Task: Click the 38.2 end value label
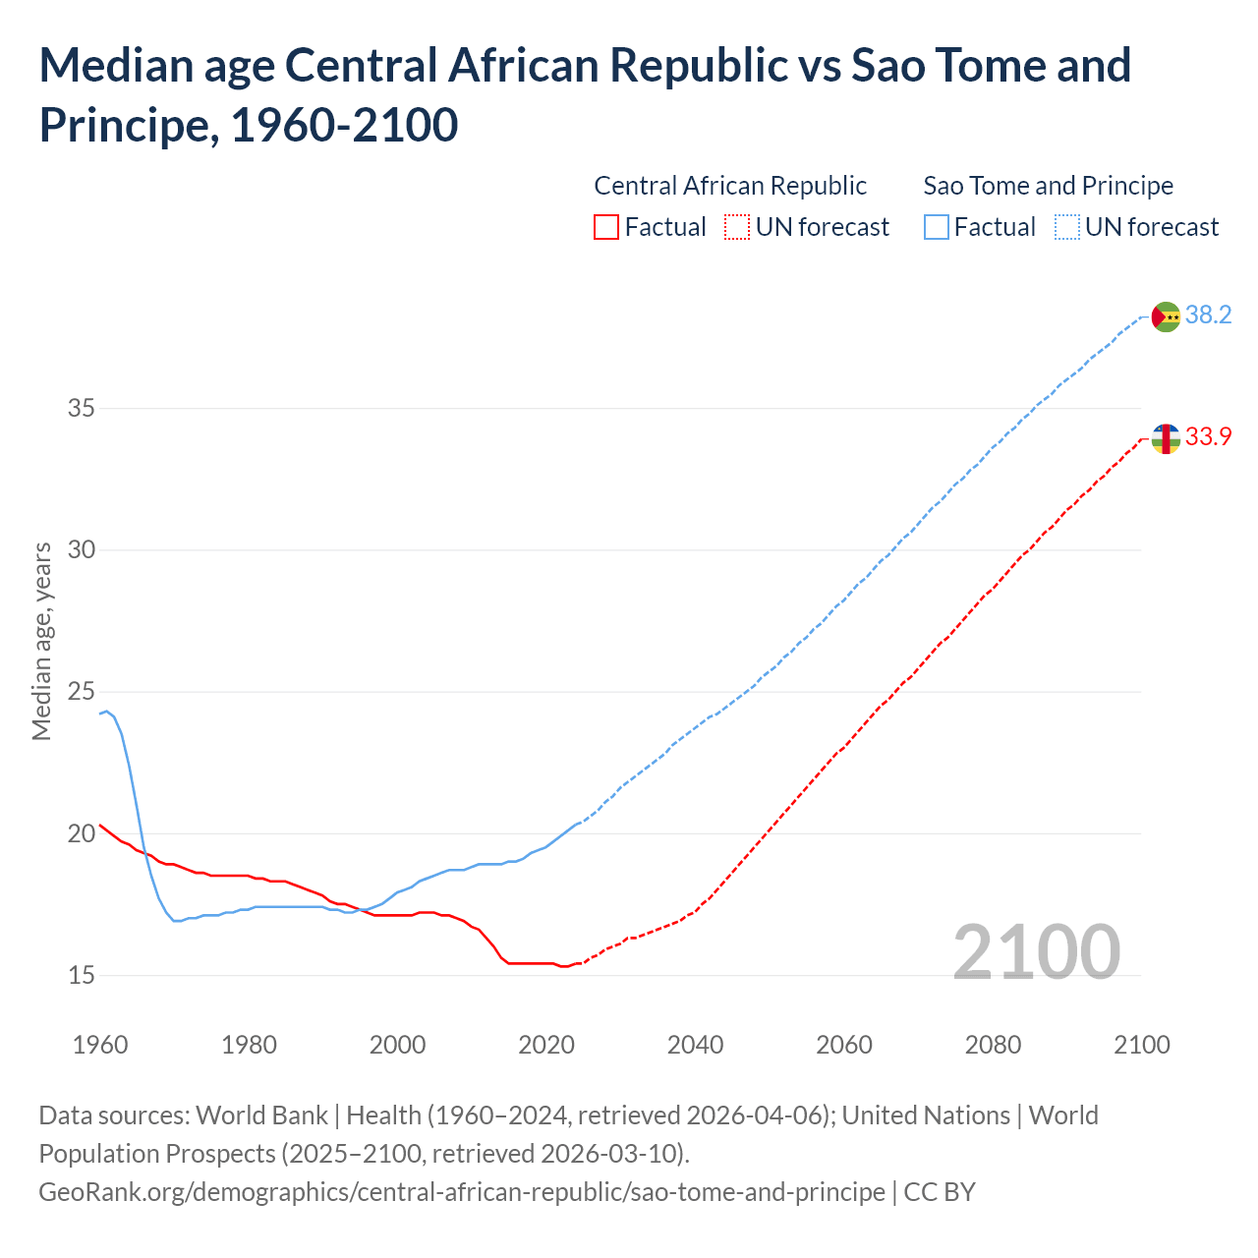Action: click(1208, 315)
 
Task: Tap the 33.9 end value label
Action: click(1208, 437)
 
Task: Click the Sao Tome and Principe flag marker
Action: click(1166, 316)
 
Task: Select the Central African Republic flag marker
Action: click(1166, 438)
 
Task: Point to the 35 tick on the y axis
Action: click(82, 408)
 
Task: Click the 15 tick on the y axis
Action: click(82, 976)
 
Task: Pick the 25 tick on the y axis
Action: click(82, 692)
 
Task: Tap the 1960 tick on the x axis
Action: click(100, 1045)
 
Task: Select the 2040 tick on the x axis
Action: click(695, 1045)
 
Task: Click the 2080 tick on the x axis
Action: click(993, 1045)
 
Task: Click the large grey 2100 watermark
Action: click(1036, 951)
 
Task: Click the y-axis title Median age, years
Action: click(41, 641)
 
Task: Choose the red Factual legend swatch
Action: click(606, 228)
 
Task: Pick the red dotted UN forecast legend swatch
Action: click(737, 228)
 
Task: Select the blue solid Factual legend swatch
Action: click(937, 228)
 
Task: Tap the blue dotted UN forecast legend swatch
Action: click(1066, 228)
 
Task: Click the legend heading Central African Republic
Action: click(730, 186)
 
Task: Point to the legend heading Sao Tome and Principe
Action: click(1048, 186)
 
